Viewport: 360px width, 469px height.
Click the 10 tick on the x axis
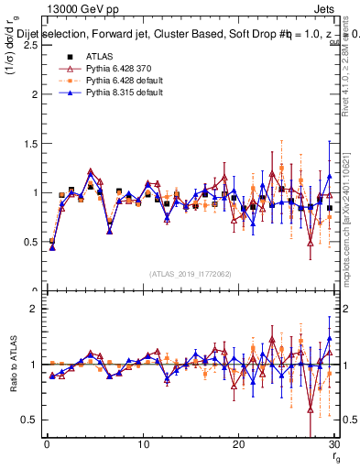click(142, 443)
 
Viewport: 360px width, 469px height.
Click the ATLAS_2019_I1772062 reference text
click(190, 274)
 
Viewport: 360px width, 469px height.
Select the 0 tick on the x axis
click(47, 443)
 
